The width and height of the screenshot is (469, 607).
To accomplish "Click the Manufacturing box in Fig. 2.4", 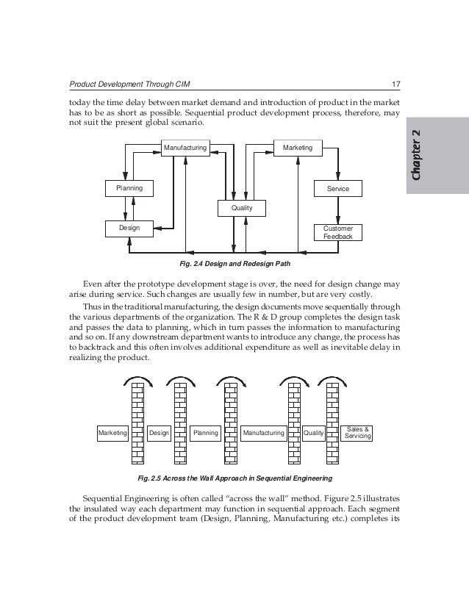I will (x=185, y=148).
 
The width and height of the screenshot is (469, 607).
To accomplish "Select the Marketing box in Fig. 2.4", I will (x=297, y=148).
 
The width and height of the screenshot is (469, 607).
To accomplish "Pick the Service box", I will (x=338, y=189).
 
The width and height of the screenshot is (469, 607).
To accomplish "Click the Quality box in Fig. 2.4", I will (x=242, y=209).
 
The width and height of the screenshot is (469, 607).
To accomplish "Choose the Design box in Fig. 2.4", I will (x=129, y=229).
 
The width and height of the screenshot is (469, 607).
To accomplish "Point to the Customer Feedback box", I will (x=338, y=232).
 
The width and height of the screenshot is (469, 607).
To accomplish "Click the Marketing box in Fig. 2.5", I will (x=112, y=434).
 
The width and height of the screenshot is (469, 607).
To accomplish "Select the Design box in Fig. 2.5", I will (x=160, y=434).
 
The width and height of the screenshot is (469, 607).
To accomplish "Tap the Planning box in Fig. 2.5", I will (x=206, y=434).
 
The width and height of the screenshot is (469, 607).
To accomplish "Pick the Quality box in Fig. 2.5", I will (x=314, y=434).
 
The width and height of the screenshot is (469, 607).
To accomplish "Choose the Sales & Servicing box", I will (x=358, y=433).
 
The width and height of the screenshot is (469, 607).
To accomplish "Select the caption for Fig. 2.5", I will (x=235, y=478).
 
